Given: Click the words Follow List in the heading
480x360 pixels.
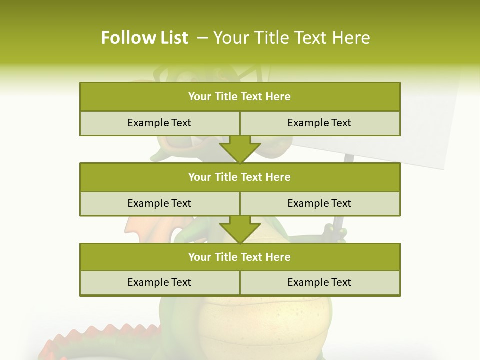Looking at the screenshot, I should pos(144,38).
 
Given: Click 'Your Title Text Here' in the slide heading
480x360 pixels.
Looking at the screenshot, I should pos(292,38).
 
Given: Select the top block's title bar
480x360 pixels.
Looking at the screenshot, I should pos(240,97).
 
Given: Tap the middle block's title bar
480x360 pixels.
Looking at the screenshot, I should pos(240,177).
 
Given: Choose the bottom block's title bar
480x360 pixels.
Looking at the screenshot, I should pos(240,257).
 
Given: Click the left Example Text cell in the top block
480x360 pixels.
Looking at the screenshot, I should pos(159,123).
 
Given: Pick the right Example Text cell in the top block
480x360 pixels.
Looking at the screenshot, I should pos(319,123).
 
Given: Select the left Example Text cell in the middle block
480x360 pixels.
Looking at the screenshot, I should pos(159,203).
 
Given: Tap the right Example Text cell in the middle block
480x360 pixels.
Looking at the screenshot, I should pos(319,203).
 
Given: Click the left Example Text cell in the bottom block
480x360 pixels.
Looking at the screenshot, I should pos(159,282).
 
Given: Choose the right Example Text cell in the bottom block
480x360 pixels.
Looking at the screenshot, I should pos(319,282).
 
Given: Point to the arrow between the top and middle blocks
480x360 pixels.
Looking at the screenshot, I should pos(240,149).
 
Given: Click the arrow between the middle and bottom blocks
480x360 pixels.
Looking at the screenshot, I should pos(240,229).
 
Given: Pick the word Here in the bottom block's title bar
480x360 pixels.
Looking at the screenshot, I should pos(278,257).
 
